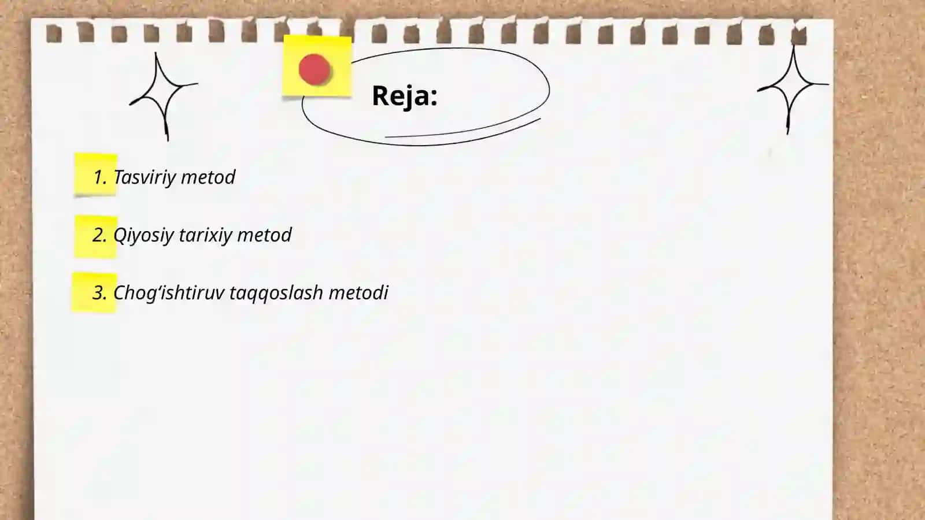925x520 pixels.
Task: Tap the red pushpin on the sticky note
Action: (x=314, y=69)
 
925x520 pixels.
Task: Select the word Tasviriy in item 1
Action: (x=145, y=177)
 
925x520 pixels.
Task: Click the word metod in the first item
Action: (x=208, y=177)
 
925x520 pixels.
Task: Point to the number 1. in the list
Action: (x=101, y=177)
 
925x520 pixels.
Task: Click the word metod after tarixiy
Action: (x=264, y=235)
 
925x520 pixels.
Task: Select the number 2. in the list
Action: (x=99, y=235)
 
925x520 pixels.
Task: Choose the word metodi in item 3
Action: (x=358, y=292)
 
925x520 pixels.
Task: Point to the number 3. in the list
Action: (x=99, y=292)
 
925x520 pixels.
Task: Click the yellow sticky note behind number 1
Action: (x=96, y=174)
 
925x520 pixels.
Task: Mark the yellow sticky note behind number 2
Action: (x=96, y=237)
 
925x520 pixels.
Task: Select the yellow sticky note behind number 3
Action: (x=95, y=292)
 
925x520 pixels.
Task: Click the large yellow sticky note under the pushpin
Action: (x=317, y=66)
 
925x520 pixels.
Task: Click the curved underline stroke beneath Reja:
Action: (x=463, y=131)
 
